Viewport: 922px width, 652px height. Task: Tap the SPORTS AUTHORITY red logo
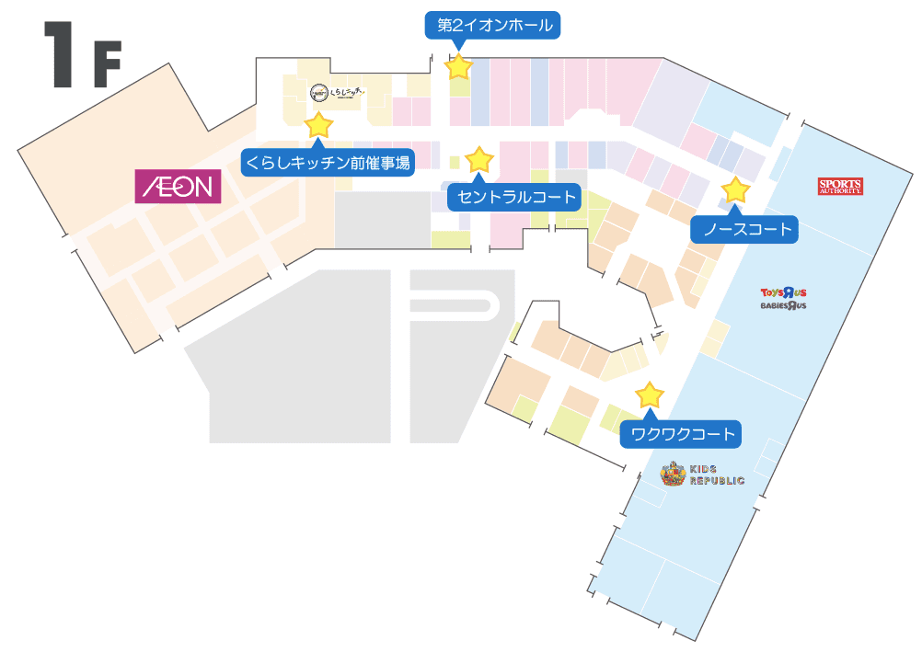tap(840, 187)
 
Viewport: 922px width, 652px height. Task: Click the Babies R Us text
tap(783, 305)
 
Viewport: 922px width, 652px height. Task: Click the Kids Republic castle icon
tap(673, 475)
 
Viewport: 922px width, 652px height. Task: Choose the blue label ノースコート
tap(746, 229)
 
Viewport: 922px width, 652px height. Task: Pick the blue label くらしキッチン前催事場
tap(328, 162)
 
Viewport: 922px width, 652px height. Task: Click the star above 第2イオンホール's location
tap(459, 66)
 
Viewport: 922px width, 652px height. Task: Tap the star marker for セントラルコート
tap(479, 160)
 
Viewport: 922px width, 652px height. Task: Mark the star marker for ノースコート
tap(735, 190)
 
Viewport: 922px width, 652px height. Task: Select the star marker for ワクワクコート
tap(650, 395)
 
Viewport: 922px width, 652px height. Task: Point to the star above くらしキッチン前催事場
tap(318, 124)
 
